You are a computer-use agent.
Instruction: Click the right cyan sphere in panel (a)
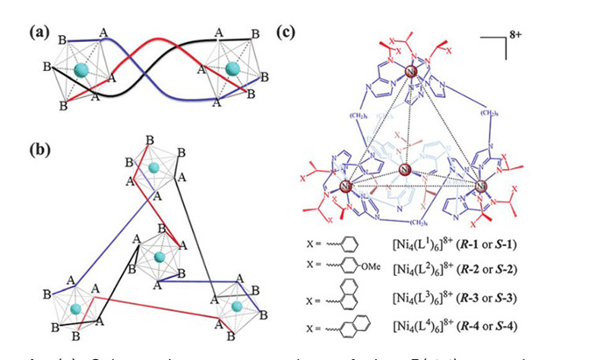[x=232, y=68]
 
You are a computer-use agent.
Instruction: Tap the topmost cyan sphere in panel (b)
[x=154, y=167]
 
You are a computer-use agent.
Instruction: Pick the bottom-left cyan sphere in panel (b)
[x=76, y=308]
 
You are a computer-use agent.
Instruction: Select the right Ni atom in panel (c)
[x=480, y=186]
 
